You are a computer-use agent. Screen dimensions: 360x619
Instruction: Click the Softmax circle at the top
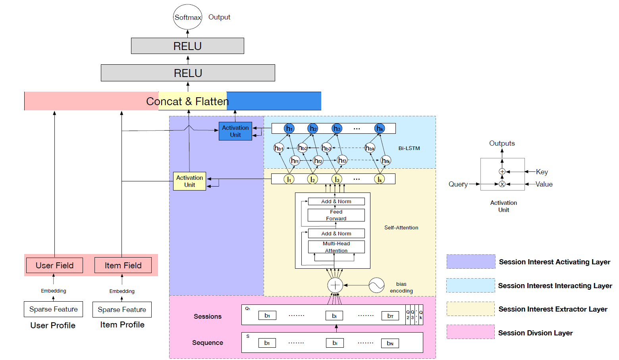pyautogui.click(x=188, y=17)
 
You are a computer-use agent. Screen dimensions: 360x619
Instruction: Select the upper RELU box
pyautogui.click(x=187, y=46)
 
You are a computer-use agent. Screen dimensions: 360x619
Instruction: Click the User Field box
pyautogui.click(x=54, y=265)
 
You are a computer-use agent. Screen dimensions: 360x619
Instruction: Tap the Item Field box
pyautogui.click(x=123, y=265)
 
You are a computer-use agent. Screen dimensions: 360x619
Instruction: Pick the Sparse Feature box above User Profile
pyautogui.click(x=53, y=309)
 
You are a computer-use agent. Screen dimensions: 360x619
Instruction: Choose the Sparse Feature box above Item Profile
pyautogui.click(x=122, y=310)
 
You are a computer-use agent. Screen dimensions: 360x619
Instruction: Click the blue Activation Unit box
pyautogui.click(x=235, y=131)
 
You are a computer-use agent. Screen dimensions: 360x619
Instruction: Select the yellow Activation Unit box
pyautogui.click(x=189, y=181)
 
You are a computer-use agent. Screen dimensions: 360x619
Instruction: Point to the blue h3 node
pyautogui.click(x=337, y=128)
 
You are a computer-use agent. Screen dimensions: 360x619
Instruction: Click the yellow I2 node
pyautogui.click(x=312, y=179)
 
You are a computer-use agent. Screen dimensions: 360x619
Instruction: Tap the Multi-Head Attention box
pyautogui.click(x=336, y=247)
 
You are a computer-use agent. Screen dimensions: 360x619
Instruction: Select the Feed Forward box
pyautogui.click(x=336, y=215)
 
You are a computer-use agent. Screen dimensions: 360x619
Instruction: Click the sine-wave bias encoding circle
pyautogui.click(x=376, y=285)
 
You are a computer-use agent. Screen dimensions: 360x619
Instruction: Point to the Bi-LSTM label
pyautogui.click(x=409, y=148)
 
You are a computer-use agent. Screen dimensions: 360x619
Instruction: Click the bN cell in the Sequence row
pyautogui.click(x=390, y=343)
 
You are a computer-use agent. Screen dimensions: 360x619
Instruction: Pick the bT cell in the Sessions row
pyautogui.click(x=390, y=316)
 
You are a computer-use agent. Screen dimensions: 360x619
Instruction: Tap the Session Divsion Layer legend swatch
pyautogui.click(x=471, y=332)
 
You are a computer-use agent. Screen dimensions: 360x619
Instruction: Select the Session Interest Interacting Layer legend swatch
pyautogui.click(x=471, y=285)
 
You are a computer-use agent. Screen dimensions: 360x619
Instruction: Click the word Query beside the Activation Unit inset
pyautogui.click(x=458, y=184)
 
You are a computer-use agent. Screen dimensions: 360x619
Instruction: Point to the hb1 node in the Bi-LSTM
pyautogui.click(x=279, y=148)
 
